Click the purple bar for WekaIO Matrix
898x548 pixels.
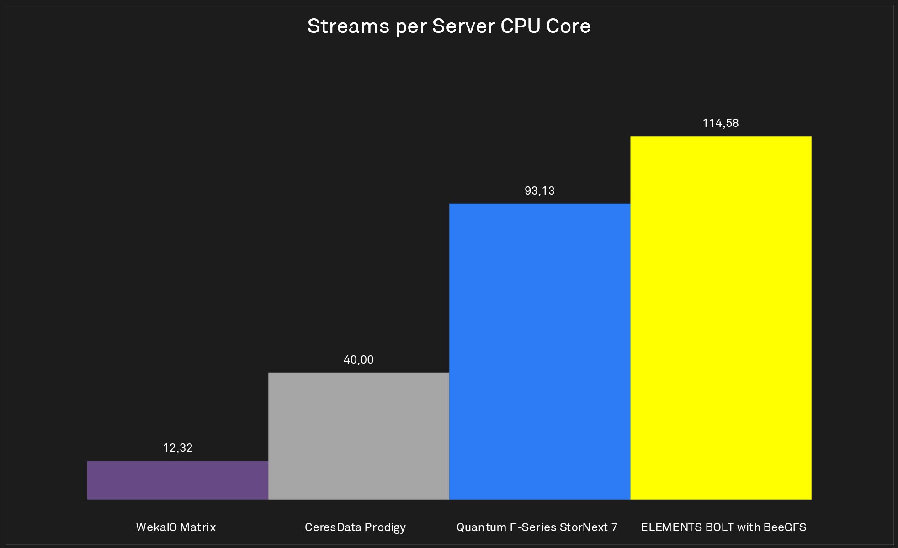point(177,480)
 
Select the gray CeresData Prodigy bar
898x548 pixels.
point(359,436)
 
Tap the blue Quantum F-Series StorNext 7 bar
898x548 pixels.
point(540,351)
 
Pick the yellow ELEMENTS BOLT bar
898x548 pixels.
point(721,317)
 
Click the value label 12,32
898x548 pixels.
point(178,448)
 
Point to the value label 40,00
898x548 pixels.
point(359,360)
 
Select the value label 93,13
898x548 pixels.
point(540,191)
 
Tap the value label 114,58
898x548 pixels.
point(721,123)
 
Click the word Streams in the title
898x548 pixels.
point(348,26)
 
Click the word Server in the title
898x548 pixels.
point(463,26)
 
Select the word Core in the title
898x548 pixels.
point(568,26)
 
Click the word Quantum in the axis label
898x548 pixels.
point(481,527)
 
